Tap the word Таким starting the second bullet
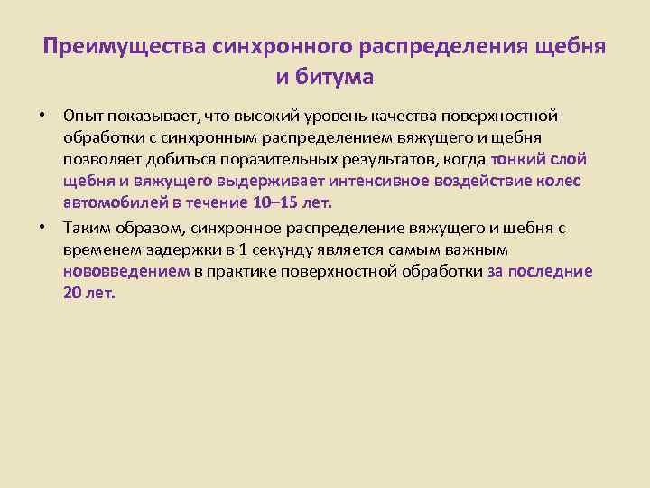[85, 229]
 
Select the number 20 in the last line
[72, 293]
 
